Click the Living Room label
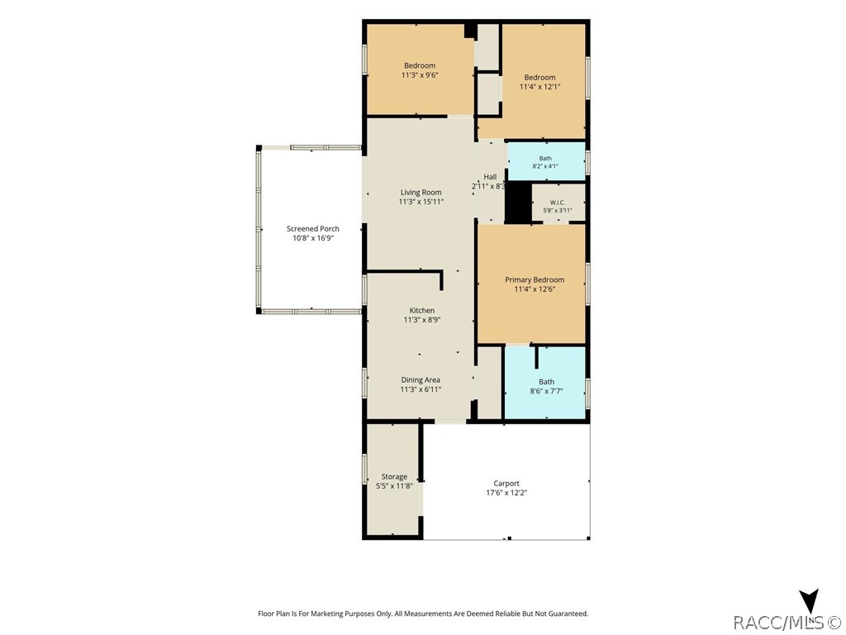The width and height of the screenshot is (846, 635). [421, 192]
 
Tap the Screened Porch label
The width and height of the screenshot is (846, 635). [313, 228]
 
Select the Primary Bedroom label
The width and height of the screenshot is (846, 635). [535, 279]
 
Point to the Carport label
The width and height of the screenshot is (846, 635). [506, 483]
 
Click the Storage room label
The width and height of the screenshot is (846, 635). [394, 477]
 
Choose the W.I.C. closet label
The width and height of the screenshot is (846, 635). [558, 203]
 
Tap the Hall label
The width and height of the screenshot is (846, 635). [490, 177]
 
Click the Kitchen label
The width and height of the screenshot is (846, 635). [422, 311]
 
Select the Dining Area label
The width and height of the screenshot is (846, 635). [421, 380]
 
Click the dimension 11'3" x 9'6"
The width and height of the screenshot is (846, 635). [420, 75]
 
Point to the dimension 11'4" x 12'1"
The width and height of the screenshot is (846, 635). [540, 86]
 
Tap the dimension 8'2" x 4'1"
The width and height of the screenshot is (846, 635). [545, 166]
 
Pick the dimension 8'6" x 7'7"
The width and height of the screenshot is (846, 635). [547, 391]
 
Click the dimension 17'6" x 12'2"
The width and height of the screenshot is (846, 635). [506, 493]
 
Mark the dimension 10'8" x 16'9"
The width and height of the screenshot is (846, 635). [313, 237]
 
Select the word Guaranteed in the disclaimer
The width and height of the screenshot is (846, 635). [568, 614]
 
